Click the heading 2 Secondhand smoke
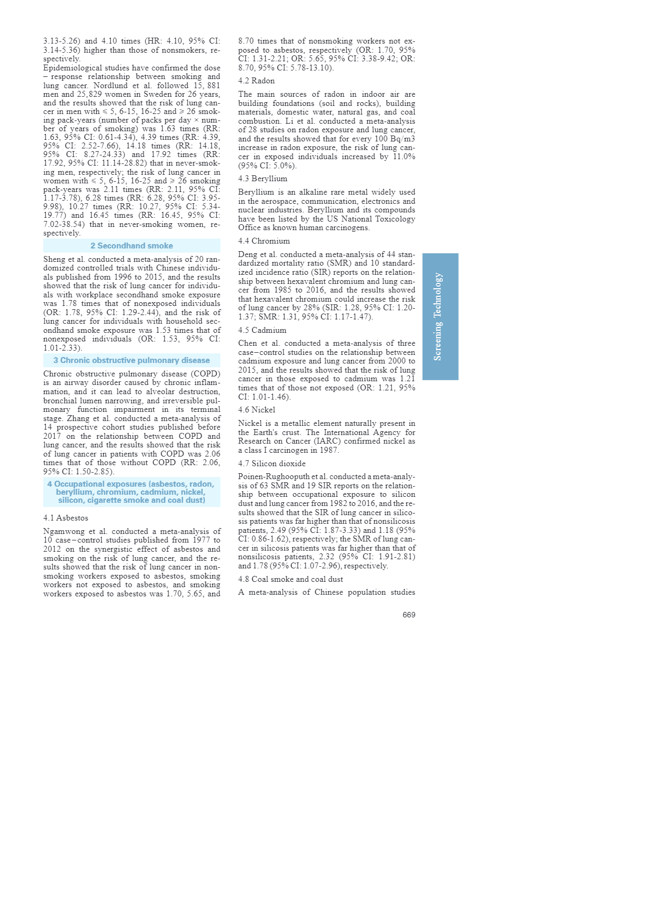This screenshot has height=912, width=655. (132, 246)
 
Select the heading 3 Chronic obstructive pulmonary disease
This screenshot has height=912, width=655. (132, 360)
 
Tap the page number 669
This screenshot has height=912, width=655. (409, 615)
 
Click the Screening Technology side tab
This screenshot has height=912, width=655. (440, 317)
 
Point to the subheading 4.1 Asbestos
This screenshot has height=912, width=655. (66, 518)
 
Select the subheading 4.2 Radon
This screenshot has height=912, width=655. (257, 81)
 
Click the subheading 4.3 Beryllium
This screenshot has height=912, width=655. (263, 179)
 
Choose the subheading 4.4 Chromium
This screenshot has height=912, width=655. (264, 241)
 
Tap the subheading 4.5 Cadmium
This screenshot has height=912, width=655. (262, 330)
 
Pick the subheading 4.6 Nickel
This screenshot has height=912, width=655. (257, 410)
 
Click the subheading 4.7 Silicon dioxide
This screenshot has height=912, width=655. (272, 464)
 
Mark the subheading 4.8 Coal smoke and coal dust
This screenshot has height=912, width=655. (290, 579)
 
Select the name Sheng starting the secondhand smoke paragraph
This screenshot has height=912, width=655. (54, 259)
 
